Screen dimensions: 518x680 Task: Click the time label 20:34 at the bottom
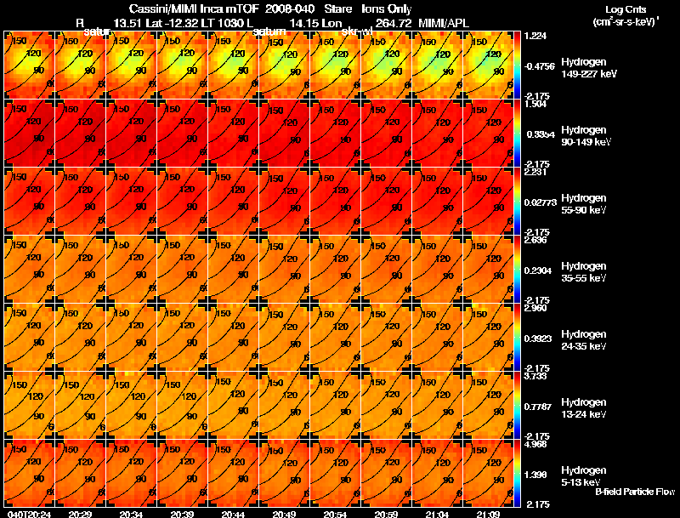(x=132, y=514)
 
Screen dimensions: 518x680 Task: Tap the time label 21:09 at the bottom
(x=488, y=514)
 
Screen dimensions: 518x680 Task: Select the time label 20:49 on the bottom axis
(x=285, y=514)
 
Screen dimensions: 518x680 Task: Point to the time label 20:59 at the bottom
(x=386, y=514)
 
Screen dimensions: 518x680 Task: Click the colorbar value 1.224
(x=536, y=36)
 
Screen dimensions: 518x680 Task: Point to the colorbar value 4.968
(x=536, y=443)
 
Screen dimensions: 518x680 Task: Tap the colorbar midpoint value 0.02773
(x=541, y=203)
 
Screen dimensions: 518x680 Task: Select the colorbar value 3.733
(x=536, y=375)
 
